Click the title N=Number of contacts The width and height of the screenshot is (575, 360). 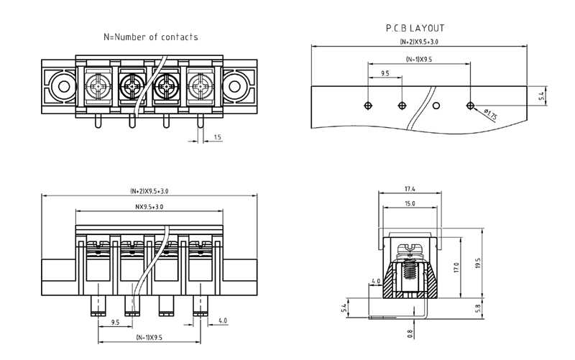[x=150, y=36]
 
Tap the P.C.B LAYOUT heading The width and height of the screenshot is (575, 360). [x=415, y=28]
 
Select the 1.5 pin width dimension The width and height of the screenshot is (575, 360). [x=217, y=136]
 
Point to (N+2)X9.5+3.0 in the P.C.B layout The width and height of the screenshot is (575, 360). [x=418, y=43]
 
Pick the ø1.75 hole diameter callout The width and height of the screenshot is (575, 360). [x=492, y=114]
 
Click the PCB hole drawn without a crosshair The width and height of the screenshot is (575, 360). [x=436, y=106]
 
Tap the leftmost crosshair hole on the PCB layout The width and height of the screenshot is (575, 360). [x=367, y=106]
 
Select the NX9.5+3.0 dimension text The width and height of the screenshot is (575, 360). [x=149, y=207]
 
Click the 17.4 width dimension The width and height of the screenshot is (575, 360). [x=409, y=189]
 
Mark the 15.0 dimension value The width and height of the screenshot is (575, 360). [x=409, y=203]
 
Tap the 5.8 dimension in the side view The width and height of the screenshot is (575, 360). [x=481, y=308]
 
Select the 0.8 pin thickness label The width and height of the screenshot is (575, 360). [x=410, y=333]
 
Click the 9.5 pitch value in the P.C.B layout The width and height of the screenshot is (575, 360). [x=385, y=74]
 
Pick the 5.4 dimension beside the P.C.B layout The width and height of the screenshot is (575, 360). [x=543, y=95]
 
